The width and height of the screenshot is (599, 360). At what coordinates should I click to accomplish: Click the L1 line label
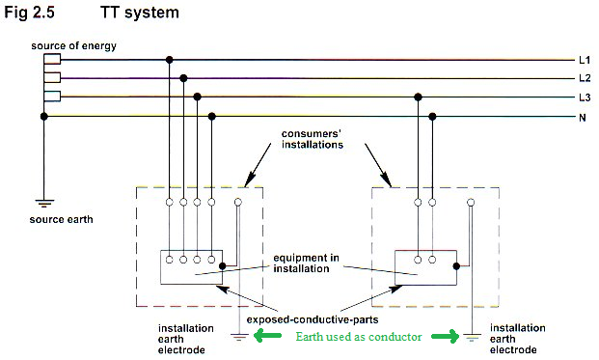click(x=585, y=60)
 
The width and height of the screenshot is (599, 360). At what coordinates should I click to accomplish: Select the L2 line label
click(x=585, y=78)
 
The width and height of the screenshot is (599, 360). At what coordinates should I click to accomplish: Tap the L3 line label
click(x=585, y=97)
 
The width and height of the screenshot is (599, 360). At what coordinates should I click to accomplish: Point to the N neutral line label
click(x=583, y=118)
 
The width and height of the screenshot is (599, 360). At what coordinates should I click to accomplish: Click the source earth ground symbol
click(x=44, y=203)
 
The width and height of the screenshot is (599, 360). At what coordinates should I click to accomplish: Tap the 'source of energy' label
click(x=73, y=46)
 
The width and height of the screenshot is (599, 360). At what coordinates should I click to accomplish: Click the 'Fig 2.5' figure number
click(x=29, y=13)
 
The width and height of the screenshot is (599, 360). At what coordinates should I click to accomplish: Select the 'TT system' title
click(x=140, y=13)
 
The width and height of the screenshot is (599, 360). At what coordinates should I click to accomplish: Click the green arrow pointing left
click(x=267, y=336)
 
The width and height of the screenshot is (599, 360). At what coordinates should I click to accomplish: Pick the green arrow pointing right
click(x=446, y=336)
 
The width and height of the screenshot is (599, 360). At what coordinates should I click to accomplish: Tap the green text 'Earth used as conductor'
click(x=359, y=337)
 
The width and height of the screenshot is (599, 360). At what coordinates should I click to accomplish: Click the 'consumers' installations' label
click(x=313, y=140)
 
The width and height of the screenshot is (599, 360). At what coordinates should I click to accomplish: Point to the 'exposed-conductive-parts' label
click(x=313, y=319)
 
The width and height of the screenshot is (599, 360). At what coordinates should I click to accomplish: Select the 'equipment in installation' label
click(x=306, y=263)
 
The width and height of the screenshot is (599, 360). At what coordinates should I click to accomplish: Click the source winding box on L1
click(x=52, y=59)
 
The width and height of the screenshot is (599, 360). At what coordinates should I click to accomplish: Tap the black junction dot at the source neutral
click(x=44, y=116)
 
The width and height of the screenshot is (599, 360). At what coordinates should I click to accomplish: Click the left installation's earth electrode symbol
click(x=239, y=337)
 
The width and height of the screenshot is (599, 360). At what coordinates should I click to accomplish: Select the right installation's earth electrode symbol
click(x=473, y=337)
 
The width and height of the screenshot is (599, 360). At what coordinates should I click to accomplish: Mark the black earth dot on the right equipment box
click(x=456, y=266)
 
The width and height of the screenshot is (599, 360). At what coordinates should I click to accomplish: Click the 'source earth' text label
click(x=61, y=219)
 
